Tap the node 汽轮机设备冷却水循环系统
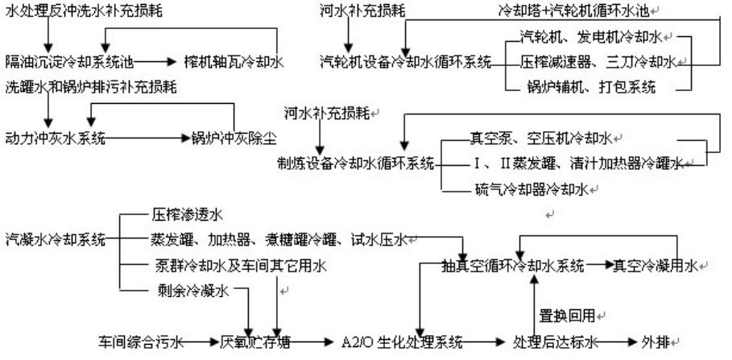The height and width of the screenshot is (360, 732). (405, 61)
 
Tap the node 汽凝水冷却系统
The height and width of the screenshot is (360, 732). (56, 239)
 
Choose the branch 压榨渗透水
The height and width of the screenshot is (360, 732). (186, 215)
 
